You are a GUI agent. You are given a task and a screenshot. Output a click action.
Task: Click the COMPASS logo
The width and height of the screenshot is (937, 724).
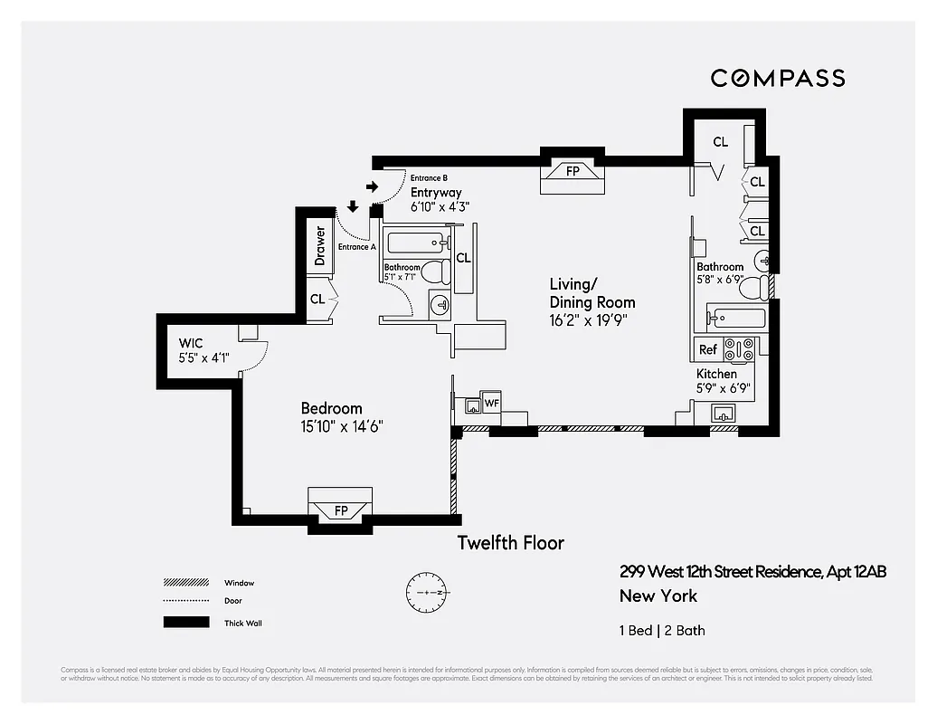pyautogui.click(x=777, y=78)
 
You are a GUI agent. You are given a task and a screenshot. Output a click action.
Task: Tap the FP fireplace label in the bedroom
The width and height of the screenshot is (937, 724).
pyautogui.click(x=341, y=510)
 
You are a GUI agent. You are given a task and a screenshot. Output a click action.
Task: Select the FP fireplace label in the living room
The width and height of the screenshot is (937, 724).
pyautogui.click(x=573, y=170)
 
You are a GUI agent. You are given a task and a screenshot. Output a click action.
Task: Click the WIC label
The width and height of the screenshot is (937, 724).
pyautogui.click(x=191, y=343)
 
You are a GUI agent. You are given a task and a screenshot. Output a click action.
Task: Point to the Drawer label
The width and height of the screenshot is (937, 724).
pyautogui.click(x=320, y=246)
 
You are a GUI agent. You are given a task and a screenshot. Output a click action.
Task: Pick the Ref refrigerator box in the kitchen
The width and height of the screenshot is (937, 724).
pyautogui.click(x=707, y=349)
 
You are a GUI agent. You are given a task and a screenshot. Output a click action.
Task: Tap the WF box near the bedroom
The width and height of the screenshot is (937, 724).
pyautogui.click(x=491, y=402)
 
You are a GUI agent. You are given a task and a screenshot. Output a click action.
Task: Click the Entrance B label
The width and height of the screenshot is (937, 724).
pyautogui.click(x=429, y=178)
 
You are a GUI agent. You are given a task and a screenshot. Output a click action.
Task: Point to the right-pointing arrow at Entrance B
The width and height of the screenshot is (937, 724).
pyautogui.click(x=372, y=187)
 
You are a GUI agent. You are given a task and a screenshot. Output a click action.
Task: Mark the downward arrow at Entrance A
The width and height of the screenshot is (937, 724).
pyautogui.click(x=352, y=207)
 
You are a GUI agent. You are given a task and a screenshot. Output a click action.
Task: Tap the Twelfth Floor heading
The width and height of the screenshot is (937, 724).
pyautogui.click(x=510, y=543)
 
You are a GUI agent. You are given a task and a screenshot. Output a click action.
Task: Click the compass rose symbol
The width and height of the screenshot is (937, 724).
pyautogui.click(x=426, y=592)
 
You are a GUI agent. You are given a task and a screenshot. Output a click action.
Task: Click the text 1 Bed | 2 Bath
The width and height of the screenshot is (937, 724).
pyautogui.click(x=662, y=630)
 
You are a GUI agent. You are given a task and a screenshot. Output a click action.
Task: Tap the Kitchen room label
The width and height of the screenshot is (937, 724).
pyautogui.click(x=716, y=374)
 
